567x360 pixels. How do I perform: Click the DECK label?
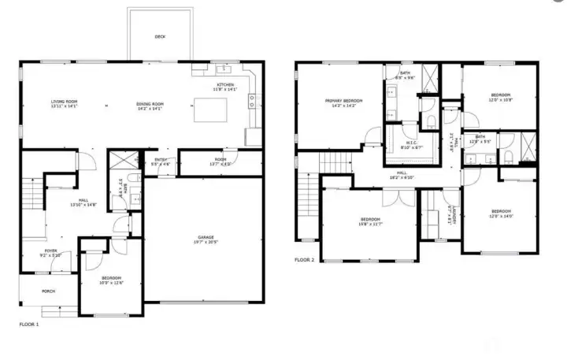[x=160, y=37]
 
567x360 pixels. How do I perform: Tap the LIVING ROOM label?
[x=65, y=103]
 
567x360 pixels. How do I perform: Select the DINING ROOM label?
[x=150, y=104]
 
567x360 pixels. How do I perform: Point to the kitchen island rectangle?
[x=215, y=112]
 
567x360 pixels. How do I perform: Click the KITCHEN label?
[x=226, y=87]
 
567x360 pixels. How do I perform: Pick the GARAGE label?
[x=206, y=239]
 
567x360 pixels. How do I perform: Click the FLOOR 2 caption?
[x=305, y=259]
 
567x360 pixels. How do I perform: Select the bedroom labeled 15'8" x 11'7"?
[x=370, y=221]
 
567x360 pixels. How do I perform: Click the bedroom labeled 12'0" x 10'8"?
[x=500, y=97]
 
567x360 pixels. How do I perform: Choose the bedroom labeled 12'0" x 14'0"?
[x=501, y=213]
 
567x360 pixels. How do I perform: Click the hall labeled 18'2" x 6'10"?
[x=402, y=174]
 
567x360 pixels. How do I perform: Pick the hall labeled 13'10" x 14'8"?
[x=83, y=202]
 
